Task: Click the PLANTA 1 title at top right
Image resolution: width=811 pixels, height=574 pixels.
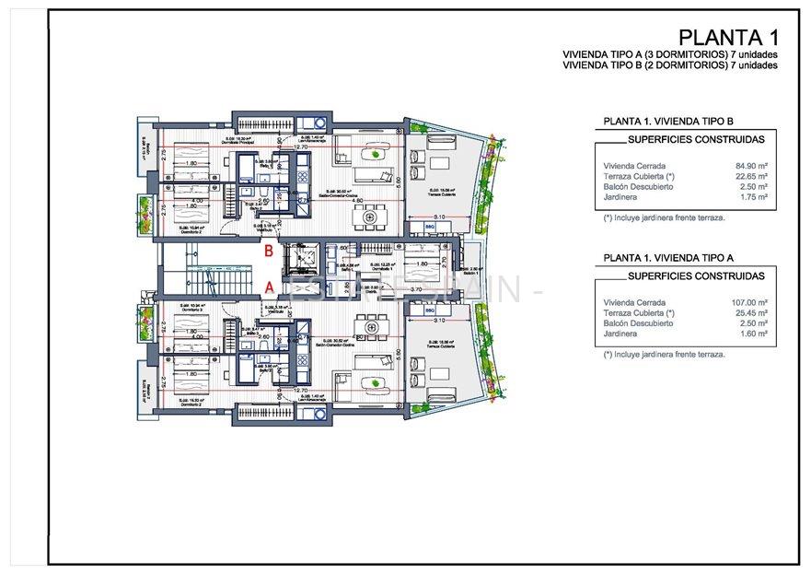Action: (728, 38)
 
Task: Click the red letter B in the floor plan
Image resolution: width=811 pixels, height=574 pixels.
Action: (269, 250)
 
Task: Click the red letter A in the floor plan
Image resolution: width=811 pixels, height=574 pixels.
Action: (269, 287)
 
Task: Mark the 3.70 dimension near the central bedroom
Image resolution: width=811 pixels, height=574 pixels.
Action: (415, 289)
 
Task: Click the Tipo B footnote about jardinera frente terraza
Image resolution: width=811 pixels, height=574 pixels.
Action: (665, 218)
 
